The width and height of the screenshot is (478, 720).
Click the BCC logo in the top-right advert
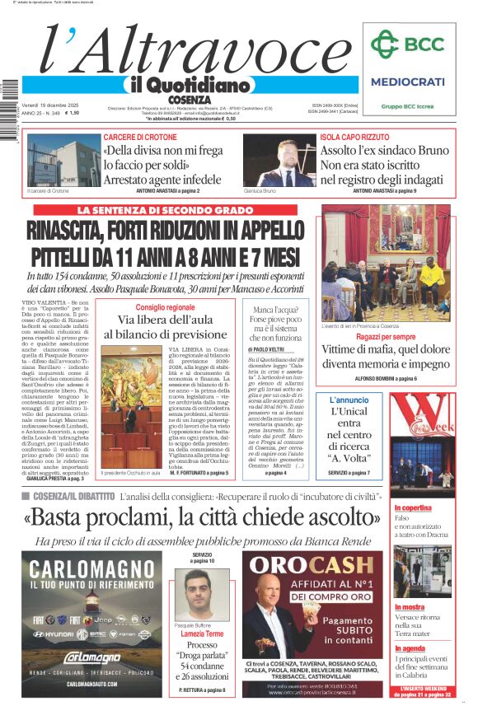(407, 44)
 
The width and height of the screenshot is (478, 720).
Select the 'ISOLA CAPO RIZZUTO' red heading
(356, 137)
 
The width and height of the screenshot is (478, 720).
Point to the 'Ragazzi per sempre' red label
(386, 337)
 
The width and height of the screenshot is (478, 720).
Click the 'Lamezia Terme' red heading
(202, 634)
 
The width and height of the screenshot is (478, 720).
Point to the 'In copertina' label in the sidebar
(436, 508)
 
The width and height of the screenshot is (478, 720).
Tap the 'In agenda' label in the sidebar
(433, 648)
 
